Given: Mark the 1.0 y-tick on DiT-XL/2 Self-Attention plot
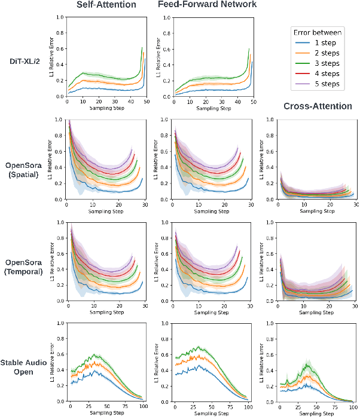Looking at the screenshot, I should pos(59,17).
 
